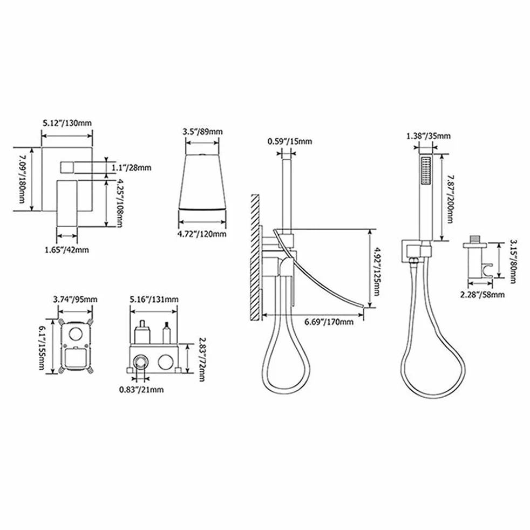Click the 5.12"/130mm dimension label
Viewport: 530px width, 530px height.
(67, 123)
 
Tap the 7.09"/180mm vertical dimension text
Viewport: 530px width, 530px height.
(22, 179)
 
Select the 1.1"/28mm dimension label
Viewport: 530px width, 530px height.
(132, 168)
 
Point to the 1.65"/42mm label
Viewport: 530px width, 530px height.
(67, 250)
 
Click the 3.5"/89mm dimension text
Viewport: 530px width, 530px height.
(203, 132)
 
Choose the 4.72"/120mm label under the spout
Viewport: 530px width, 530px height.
(202, 234)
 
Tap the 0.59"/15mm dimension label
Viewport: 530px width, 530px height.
(290, 141)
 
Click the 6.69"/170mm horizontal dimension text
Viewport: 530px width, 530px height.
(329, 322)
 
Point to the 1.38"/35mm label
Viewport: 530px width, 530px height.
(428, 136)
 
